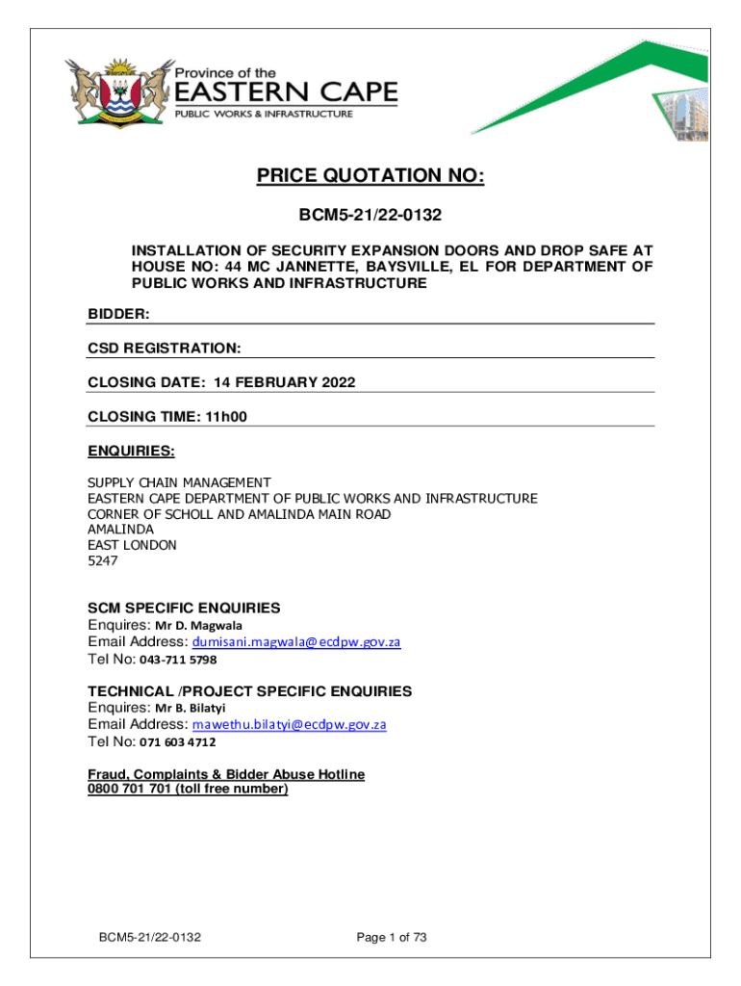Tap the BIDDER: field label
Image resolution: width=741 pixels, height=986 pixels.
pyautogui.click(x=118, y=314)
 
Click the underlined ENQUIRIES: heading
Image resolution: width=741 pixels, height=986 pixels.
pyautogui.click(x=131, y=450)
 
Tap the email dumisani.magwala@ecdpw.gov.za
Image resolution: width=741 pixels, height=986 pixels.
pyautogui.click(x=296, y=642)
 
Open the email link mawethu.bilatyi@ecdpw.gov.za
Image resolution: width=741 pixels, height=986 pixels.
pyautogui.click(x=290, y=724)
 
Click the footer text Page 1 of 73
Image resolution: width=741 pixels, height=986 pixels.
pyautogui.click(x=391, y=937)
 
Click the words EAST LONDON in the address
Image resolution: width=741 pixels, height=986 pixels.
pyautogui.click(x=133, y=545)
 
